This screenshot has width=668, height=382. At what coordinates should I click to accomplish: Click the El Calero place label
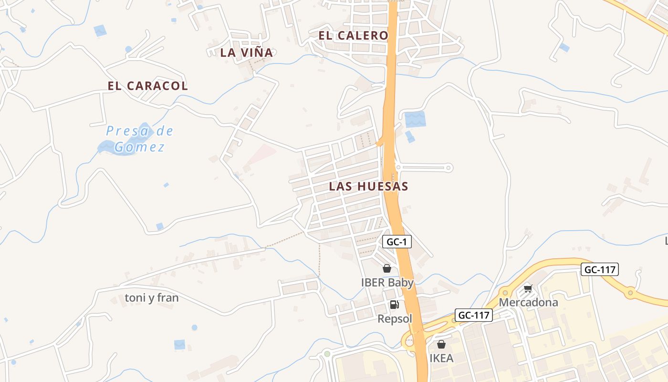(x=353, y=35)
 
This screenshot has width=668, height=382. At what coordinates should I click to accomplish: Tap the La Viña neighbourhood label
(x=246, y=53)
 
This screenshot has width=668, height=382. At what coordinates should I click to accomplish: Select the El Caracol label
(x=147, y=86)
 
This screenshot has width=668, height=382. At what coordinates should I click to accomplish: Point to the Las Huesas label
(x=368, y=186)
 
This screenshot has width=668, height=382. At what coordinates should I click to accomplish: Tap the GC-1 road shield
(x=397, y=242)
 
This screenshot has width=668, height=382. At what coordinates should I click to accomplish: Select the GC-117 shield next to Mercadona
(x=600, y=269)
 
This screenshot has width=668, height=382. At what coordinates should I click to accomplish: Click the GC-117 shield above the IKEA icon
(x=473, y=315)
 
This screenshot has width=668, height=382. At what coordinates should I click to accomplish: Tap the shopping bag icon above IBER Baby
(x=387, y=269)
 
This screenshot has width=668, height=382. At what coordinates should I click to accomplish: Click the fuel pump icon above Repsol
(x=394, y=305)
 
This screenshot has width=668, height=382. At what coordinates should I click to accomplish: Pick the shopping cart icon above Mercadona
(x=528, y=288)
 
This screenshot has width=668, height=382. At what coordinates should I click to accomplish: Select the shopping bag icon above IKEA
(x=441, y=344)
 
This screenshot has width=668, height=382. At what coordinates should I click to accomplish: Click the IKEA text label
(x=441, y=358)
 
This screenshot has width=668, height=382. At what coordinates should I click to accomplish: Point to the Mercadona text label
(x=528, y=302)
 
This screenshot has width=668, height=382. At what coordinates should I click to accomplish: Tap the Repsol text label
(x=395, y=318)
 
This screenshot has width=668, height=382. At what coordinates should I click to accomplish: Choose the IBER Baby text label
(x=387, y=282)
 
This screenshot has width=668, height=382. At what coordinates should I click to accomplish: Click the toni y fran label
(x=152, y=298)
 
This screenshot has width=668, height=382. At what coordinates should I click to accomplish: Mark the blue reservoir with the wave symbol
(x=415, y=119)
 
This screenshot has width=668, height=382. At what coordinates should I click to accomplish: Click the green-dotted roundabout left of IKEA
(x=327, y=354)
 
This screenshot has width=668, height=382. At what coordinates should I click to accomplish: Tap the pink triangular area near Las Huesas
(x=262, y=154)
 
